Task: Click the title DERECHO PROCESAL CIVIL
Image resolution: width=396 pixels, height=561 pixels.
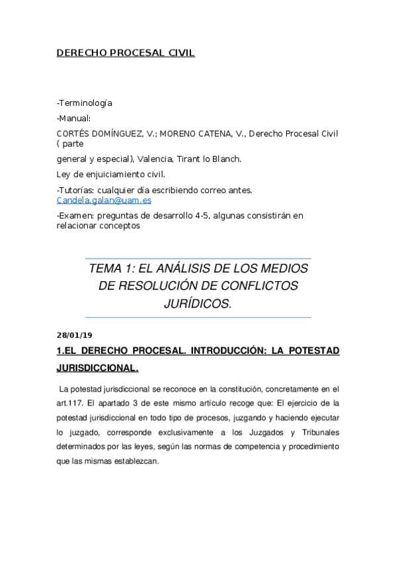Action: [126, 53]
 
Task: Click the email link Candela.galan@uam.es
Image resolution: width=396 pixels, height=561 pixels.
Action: [104, 200]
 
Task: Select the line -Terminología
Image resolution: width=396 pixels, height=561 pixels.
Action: [85, 103]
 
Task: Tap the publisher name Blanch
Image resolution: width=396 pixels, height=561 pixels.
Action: [227, 159]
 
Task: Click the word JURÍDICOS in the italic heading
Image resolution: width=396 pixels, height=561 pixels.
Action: [197, 303]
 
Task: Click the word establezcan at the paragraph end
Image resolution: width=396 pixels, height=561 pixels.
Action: [134, 462]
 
